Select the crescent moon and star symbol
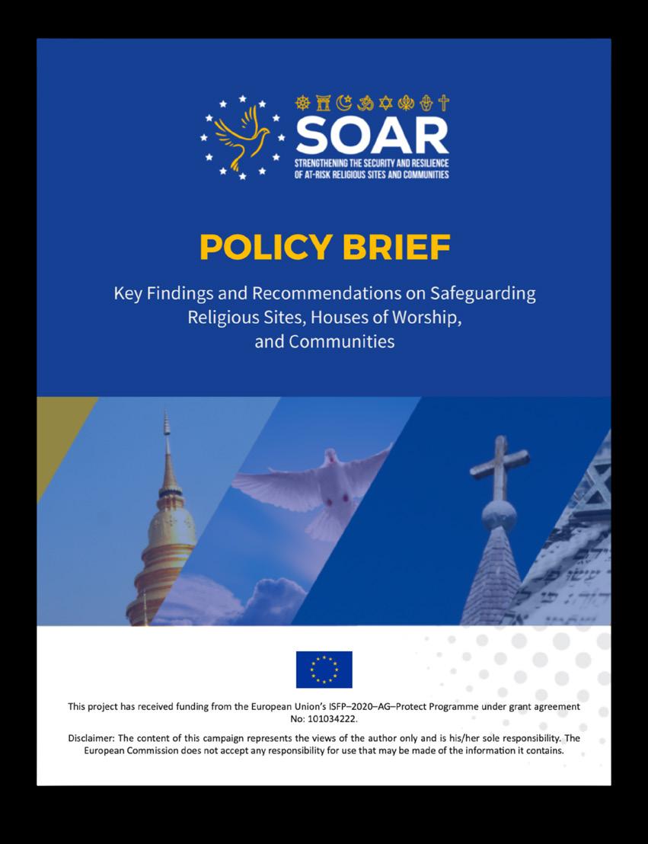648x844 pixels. (x=343, y=103)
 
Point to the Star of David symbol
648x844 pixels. (x=385, y=103)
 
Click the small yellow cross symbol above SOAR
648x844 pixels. (x=444, y=103)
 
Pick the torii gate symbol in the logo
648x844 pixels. (x=324, y=103)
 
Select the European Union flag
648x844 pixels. (x=324, y=670)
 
